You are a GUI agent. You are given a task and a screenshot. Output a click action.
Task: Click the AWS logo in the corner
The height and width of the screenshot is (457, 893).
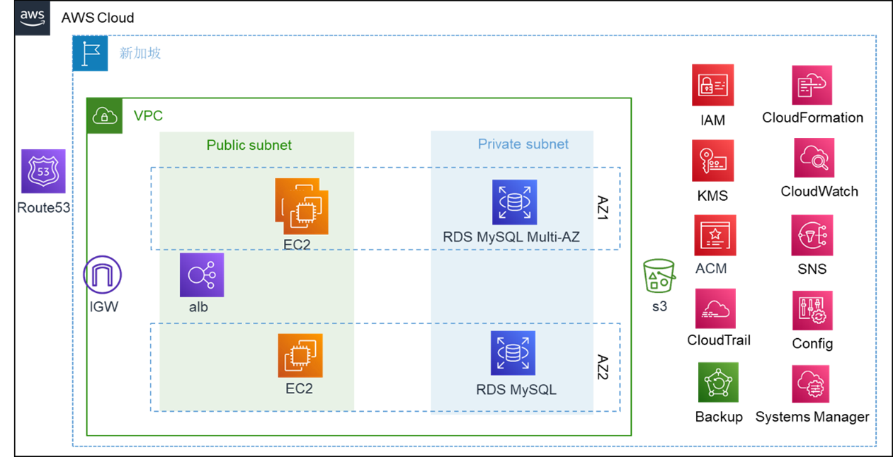33,18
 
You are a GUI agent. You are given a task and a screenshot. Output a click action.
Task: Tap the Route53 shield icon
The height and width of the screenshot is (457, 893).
43,170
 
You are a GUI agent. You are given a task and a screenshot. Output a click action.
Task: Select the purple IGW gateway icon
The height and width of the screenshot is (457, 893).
102,275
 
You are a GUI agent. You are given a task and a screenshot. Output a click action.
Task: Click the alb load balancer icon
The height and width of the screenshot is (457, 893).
202,275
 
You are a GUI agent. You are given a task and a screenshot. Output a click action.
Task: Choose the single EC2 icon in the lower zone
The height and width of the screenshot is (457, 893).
300,355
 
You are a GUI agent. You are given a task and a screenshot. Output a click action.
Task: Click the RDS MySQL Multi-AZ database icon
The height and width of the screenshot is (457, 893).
515,202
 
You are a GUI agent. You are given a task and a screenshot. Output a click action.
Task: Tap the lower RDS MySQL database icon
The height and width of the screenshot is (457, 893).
513,353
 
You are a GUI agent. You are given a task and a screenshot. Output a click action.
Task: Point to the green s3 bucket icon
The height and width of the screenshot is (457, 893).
659,277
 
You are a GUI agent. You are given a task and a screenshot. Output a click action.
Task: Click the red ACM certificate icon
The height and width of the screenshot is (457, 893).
715,236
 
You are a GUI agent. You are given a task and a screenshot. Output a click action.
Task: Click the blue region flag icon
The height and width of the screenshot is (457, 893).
91,53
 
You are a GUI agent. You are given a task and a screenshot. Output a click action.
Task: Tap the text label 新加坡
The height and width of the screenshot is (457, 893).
140,53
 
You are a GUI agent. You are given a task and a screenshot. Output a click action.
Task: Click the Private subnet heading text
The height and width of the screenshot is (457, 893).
523,144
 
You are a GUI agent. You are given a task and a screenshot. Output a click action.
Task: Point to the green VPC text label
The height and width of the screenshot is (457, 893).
149,115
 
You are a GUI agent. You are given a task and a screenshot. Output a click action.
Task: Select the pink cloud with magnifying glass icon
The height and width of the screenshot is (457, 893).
814,157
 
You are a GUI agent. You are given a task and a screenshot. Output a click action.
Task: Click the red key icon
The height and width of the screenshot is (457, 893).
713,160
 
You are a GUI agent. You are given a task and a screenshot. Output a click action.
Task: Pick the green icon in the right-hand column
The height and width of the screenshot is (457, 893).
718,382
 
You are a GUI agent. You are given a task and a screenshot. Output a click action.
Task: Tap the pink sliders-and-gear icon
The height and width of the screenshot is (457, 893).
812,310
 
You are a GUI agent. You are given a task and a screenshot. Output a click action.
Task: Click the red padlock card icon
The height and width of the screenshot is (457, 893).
713,85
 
